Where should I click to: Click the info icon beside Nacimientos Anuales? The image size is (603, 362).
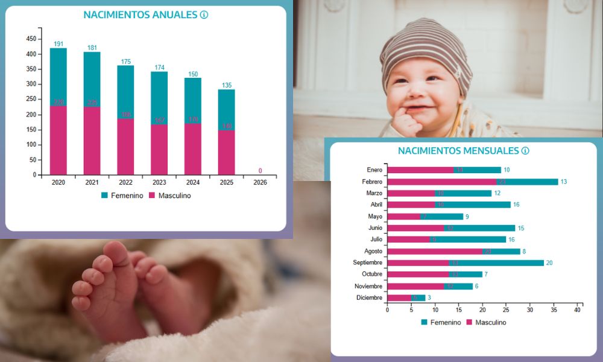coord(204,14)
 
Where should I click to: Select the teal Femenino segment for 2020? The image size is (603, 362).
coord(58,77)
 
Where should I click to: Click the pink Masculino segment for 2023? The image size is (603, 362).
coord(159,149)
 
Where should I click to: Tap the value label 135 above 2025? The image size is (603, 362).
coord(227,85)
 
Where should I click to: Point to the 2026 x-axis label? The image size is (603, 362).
coord(260,182)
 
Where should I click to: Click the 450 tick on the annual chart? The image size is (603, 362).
coord(31,39)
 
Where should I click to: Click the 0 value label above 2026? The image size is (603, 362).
coord(260,170)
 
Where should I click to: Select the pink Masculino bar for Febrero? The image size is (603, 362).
coord(441,182)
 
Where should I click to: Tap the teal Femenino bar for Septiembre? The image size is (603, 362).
coord(496,263)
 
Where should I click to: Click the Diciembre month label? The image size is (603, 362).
coord(370,298)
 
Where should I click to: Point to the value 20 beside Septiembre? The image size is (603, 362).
coord(549,263)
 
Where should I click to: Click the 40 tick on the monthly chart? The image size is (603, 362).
coord(577,310)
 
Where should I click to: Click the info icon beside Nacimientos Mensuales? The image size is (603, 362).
coord(525,151)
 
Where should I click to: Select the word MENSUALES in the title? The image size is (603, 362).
coord(488,151)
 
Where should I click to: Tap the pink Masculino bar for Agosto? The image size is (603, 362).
coord(435,252)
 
